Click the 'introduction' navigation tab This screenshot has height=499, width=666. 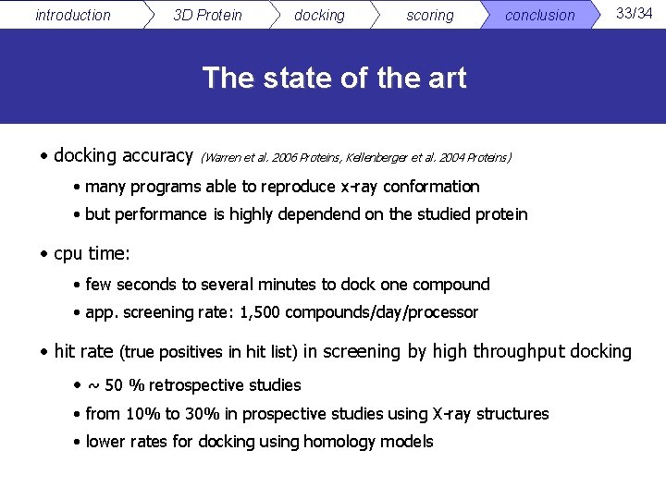coord(72,15)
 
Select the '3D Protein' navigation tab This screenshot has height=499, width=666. coord(207,15)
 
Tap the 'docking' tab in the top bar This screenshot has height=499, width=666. coord(319,15)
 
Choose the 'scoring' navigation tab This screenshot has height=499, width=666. coord(430,15)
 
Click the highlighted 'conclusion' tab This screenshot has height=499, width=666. coord(539,15)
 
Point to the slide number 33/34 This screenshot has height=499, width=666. coord(635,13)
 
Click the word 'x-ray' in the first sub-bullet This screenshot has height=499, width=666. coord(362,187)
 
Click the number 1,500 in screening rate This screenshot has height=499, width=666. coord(260,312)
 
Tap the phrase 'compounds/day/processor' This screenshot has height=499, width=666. coord(382,312)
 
